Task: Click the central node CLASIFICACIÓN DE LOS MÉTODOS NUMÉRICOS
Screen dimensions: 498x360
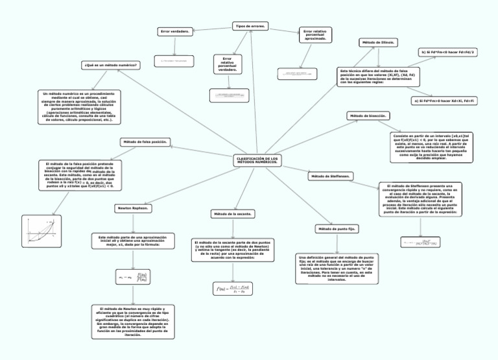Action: [x=258, y=160]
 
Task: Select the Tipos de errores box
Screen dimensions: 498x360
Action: [x=250, y=26]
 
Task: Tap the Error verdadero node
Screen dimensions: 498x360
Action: [x=174, y=32]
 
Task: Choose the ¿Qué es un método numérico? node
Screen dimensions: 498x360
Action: [x=111, y=66]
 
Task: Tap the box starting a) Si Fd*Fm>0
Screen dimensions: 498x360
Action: [x=444, y=101]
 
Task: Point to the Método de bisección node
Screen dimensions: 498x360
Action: [x=369, y=115]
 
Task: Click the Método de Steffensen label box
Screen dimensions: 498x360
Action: [x=331, y=176]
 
